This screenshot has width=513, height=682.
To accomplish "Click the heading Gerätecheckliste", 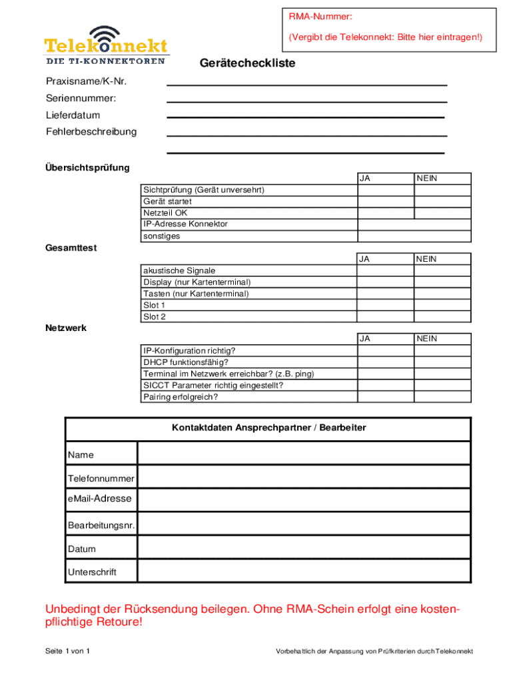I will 247,63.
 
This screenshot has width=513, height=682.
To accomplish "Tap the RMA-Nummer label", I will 320,16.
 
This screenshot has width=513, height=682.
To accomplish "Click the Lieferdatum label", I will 73,115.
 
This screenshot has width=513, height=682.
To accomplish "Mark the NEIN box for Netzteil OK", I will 442,213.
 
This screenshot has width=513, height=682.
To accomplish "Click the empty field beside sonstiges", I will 414,236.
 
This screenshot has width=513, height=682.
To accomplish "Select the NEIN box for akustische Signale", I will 442,270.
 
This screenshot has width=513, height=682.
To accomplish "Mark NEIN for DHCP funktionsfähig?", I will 442,362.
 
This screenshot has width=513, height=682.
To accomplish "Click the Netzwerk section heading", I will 65,328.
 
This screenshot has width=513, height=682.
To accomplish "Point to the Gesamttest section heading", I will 71,248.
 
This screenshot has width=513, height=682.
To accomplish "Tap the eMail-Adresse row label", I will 100,499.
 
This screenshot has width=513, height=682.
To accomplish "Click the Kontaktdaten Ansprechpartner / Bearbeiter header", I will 268,428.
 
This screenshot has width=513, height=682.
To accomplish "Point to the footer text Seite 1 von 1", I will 67,651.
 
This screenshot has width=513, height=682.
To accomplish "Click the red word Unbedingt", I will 72,609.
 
